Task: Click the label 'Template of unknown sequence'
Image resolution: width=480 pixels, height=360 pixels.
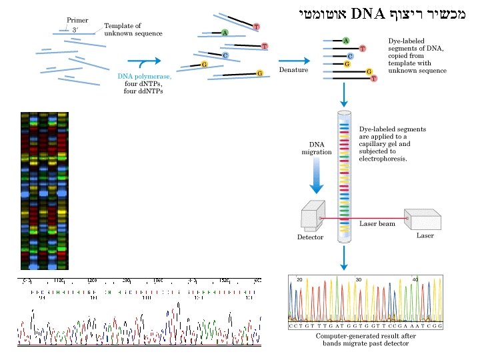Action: point(133,29)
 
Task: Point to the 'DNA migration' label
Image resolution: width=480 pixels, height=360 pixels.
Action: point(317,148)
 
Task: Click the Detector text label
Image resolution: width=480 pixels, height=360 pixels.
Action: point(310,237)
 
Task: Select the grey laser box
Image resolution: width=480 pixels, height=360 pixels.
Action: point(421,217)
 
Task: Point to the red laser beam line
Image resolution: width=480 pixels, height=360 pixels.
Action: point(373,218)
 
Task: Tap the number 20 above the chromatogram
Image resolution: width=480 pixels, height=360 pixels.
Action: point(300,279)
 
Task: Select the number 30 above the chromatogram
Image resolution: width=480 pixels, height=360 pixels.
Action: point(359,279)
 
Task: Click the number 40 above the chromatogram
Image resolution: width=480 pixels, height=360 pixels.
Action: point(415,279)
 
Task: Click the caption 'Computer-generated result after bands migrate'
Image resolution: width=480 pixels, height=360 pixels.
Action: point(365,339)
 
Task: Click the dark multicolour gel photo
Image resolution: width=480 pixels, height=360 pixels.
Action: point(43,190)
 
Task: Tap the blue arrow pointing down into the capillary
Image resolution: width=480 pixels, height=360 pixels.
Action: point(343,98)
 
